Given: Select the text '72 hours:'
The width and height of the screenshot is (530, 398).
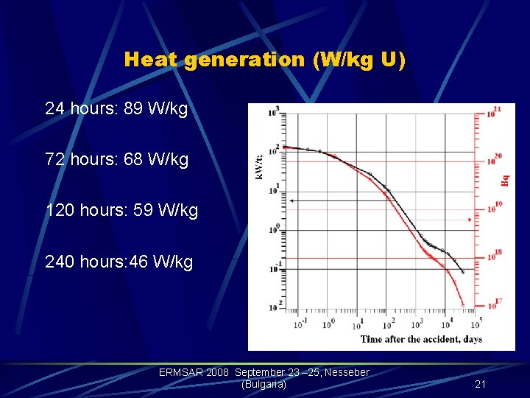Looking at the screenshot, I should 74,158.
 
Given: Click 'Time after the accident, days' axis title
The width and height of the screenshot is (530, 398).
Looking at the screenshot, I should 421,339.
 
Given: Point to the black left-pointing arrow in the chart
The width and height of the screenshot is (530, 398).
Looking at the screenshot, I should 292,200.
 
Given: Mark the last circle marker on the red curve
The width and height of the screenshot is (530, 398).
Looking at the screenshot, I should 462,304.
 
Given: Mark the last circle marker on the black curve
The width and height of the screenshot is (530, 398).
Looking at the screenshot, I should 462,272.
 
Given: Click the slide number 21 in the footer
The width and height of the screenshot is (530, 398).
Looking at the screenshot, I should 480,384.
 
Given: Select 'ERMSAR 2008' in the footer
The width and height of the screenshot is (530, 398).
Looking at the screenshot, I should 194,373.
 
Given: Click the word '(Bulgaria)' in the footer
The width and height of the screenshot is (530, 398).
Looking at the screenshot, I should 264,384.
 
